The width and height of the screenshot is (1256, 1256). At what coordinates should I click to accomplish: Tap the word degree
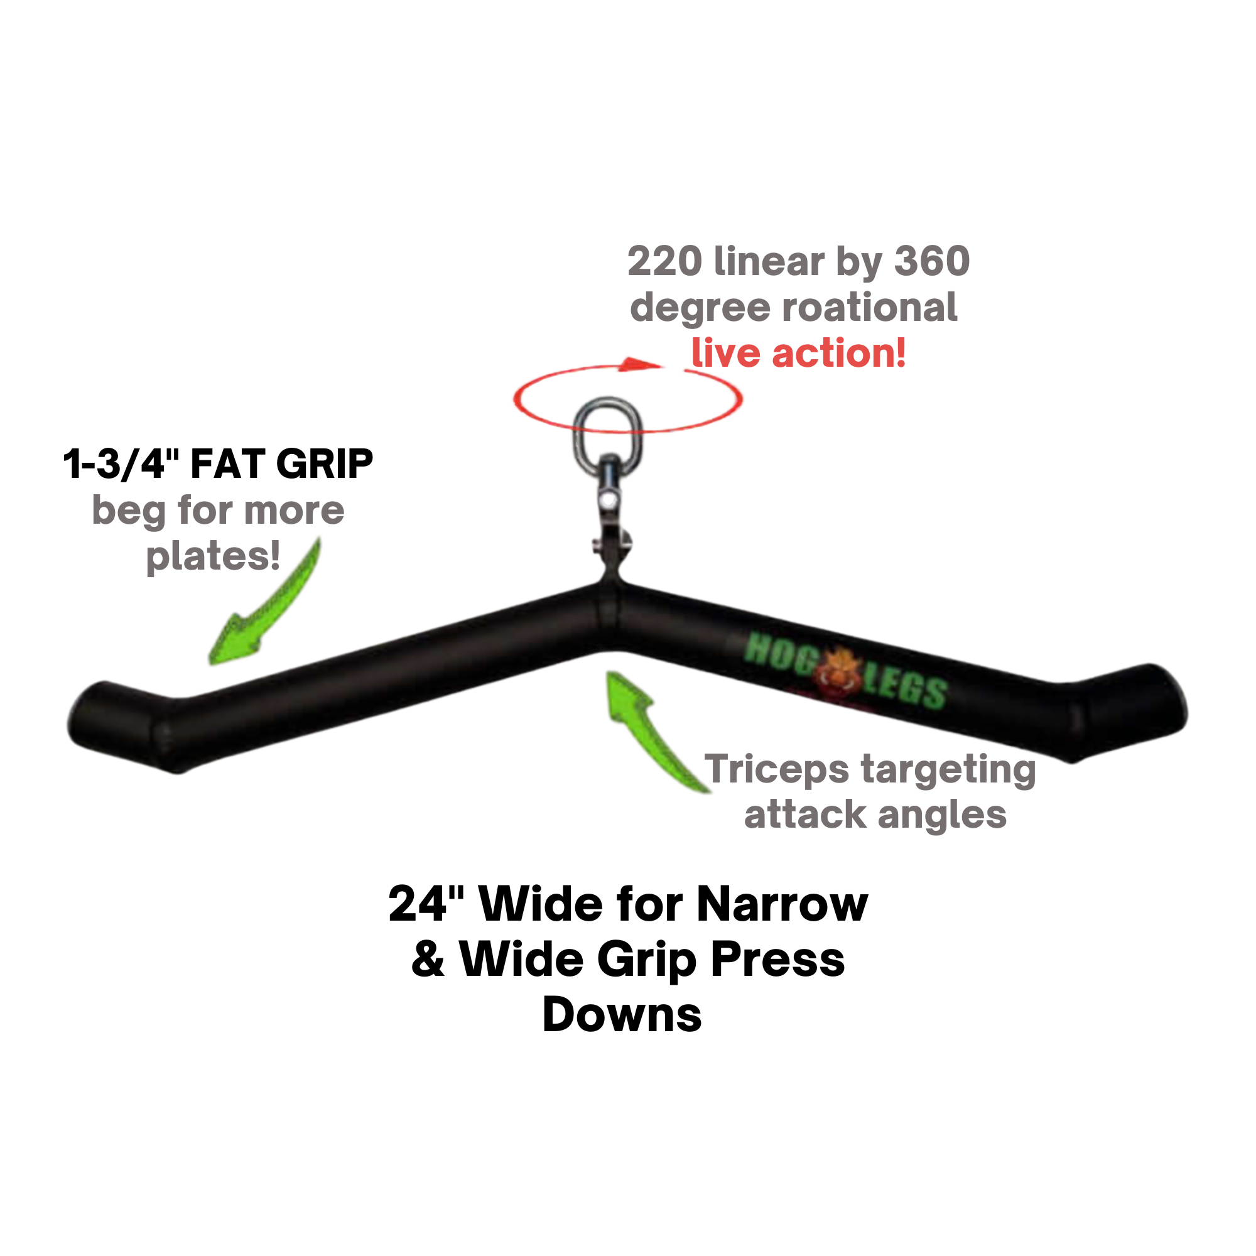[700, 308]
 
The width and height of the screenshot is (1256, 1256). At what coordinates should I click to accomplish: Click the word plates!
[213, 557]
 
